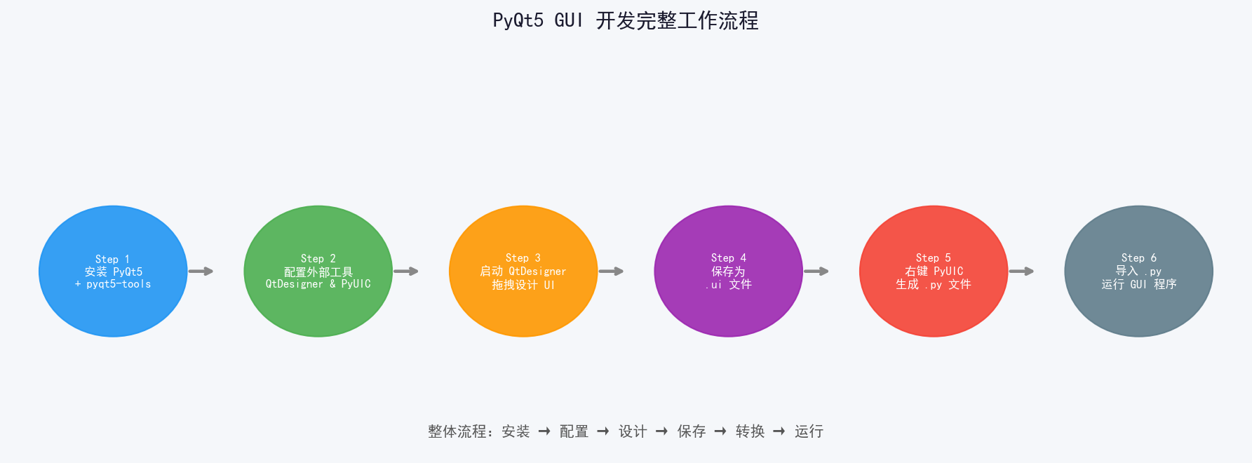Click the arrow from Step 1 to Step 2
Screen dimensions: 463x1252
click(x=201, y=271)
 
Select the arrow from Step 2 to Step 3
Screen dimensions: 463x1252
click(x=406, y=271)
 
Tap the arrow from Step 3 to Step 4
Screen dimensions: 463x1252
click(x=611, y=271)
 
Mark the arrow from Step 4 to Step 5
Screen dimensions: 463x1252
click(x=816, y=271)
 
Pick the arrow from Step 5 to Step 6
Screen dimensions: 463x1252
click(x=1021, y=271)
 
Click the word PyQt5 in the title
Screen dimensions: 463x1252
click(x=518, y=20)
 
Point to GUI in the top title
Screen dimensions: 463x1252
click(x=568, y=20)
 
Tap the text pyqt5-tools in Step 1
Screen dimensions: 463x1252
click(x=119, y=284)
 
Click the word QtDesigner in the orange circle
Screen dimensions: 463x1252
click(x=537, y=271)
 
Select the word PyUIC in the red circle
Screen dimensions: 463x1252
click(x=948, y=271)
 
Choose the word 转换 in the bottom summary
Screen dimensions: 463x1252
click(x=750, y=431)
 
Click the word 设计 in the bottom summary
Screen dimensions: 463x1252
click(x=633, y=431)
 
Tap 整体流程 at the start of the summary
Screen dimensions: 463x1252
click(x=457, y=431)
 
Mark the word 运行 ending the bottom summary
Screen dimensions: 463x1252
click(x=809, y=431)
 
